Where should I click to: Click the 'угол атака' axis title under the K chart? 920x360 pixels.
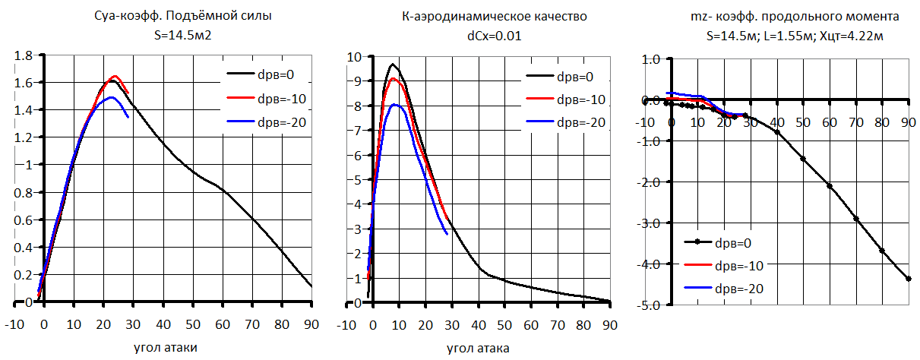pyautogui.click(x=478, y=347)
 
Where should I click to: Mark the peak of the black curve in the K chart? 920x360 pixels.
pyautogui.click(x=393, y=64)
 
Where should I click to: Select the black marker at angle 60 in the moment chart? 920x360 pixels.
pyautogui.click(x=830, y=185)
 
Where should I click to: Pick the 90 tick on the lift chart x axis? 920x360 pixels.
pyautogui.click(x=311, y=324)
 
